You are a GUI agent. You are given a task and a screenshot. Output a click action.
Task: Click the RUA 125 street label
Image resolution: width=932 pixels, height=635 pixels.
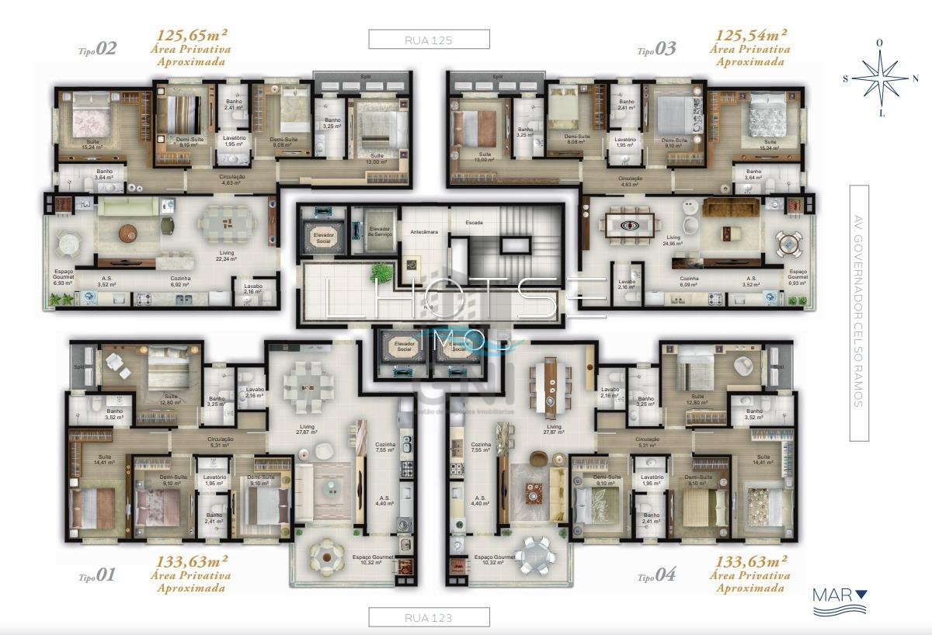(x=429, y=39)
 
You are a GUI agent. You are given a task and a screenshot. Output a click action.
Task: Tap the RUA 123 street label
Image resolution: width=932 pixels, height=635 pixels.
(x=429, y=618)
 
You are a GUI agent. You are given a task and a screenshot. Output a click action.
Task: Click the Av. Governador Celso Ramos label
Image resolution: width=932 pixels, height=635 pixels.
(x=858, y=313)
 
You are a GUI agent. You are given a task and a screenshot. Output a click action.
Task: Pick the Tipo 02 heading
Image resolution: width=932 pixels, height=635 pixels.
(x=98, y=50)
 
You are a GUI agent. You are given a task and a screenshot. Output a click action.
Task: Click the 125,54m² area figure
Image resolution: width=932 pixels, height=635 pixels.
(x=752, y=35)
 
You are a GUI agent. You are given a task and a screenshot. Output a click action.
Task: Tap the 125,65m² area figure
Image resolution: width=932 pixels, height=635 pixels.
(x=193, y=35)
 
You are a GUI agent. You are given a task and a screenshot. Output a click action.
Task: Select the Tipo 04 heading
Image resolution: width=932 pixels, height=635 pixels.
(x=657, y=576)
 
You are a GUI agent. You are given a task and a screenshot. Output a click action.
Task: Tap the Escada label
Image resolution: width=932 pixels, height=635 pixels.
(x=474, y=223)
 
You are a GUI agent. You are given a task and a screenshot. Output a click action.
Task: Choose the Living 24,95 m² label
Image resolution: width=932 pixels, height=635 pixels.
(x=673, y=241)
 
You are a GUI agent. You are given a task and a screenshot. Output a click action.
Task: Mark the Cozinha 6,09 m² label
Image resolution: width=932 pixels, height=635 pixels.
(x=689, y=281)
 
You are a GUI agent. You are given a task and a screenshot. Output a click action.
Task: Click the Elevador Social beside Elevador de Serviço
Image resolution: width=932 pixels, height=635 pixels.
(x=322, y=238)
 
